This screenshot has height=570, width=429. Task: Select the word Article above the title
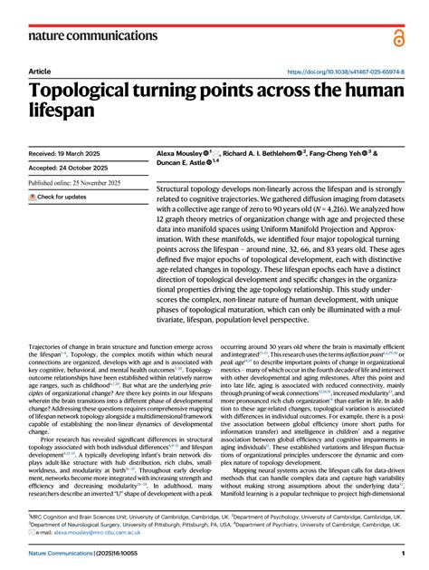(40, 72)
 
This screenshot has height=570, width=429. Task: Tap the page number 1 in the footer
(402, 554)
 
